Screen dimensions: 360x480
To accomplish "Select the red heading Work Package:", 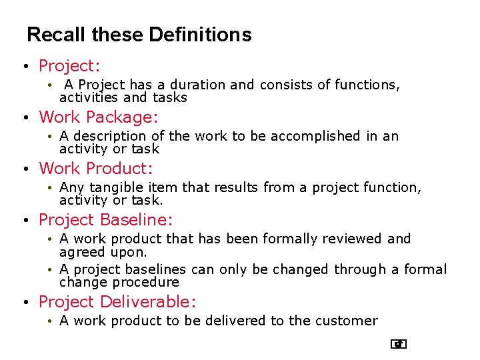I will click(x=99, y=117).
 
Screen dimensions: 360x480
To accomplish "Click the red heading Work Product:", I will click(x=96, y=169).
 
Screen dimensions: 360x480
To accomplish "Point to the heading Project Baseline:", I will click(x=106, y=220).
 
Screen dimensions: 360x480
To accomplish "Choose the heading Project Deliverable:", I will click(x=117, y=302).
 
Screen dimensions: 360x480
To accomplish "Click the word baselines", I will click(x=156, y=269).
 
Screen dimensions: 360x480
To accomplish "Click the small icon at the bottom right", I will click(x=399, y=344).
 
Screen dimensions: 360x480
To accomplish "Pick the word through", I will click(x=360, y=269).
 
